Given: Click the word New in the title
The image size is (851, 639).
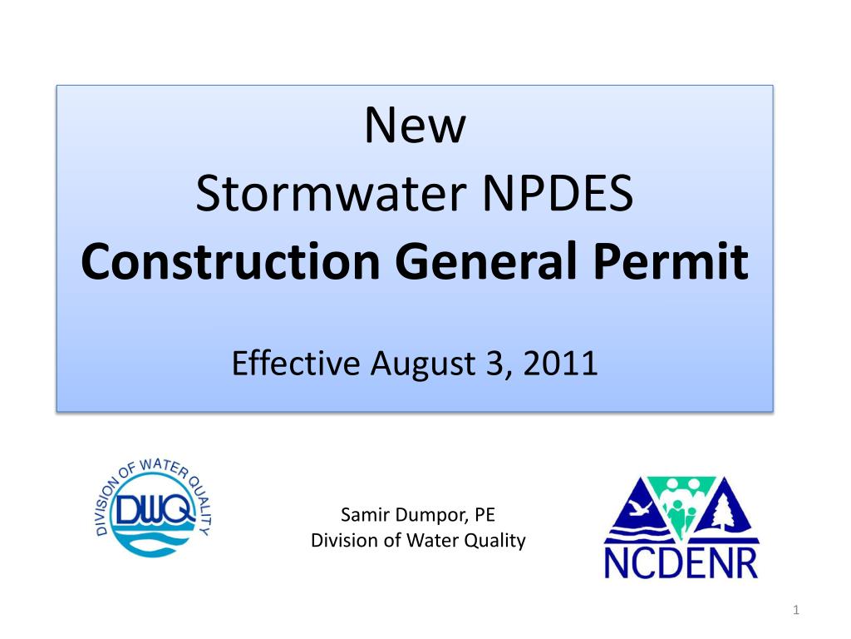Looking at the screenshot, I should pyautogui.click(x=416, y=126).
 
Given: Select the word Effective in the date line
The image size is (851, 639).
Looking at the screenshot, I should pyautogui.click(x=295, y=364).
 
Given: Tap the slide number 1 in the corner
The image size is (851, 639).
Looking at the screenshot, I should pyautogui.click(x=795, y=612).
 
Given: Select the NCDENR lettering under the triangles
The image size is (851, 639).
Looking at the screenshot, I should pyautogui.click(x=681, y=562).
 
